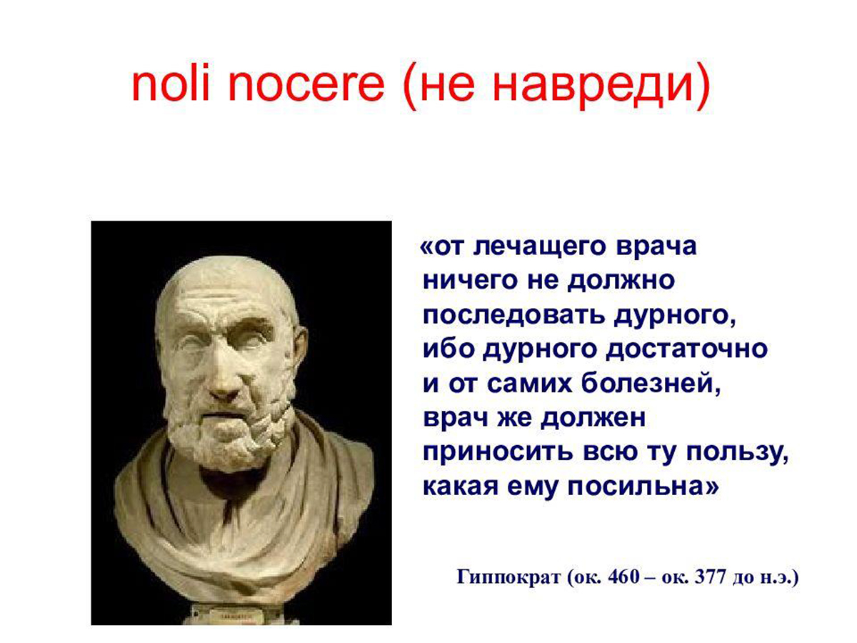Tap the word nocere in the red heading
point(306,86)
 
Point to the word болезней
point(651,384)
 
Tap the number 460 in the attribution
point(623,577)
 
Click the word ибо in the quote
point(448,349)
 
